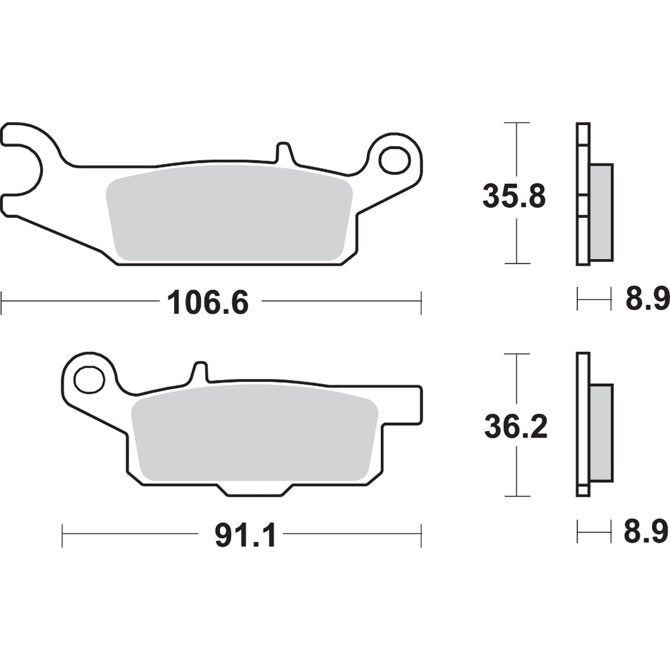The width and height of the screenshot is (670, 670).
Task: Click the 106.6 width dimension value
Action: tap(208, 303)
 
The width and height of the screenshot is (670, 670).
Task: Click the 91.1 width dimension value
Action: tap(246, 536)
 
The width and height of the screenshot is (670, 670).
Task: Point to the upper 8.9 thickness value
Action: tap(647, 299)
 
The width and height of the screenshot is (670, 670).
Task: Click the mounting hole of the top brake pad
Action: tap(395, 159)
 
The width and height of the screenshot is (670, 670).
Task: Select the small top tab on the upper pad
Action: tap(284, 153)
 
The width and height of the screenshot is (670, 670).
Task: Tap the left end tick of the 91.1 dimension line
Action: tap(63, 536)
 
